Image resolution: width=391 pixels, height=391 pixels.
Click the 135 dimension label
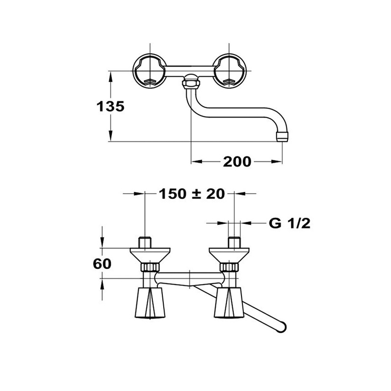110,107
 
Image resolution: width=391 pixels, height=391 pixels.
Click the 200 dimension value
237,162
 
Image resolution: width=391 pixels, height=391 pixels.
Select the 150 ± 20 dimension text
192,194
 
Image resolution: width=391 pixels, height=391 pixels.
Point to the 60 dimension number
102,264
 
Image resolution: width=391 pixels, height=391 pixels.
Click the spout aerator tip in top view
282,137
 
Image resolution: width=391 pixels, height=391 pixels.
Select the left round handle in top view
150,71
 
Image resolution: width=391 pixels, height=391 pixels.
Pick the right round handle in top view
229,71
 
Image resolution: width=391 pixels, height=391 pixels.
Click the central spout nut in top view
191,81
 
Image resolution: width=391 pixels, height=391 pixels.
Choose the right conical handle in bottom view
229,303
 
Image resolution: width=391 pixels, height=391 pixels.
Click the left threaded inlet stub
145,242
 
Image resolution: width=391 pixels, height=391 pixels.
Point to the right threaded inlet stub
234,242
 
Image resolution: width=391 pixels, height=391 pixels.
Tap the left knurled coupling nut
150,267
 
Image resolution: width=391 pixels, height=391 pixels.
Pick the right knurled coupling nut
229,267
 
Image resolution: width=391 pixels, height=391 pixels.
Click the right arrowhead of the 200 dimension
277,162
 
